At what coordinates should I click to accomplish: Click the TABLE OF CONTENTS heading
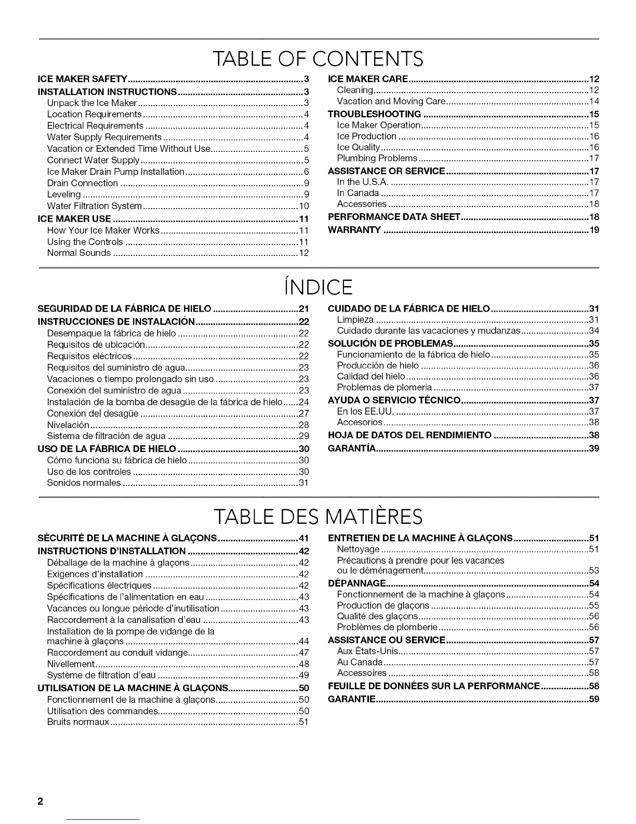pos(318,59)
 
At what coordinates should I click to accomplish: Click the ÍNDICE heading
pos(318,287)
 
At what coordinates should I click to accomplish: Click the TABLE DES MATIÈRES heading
pos(318,517)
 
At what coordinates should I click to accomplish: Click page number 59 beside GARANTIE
pos(594,699)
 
